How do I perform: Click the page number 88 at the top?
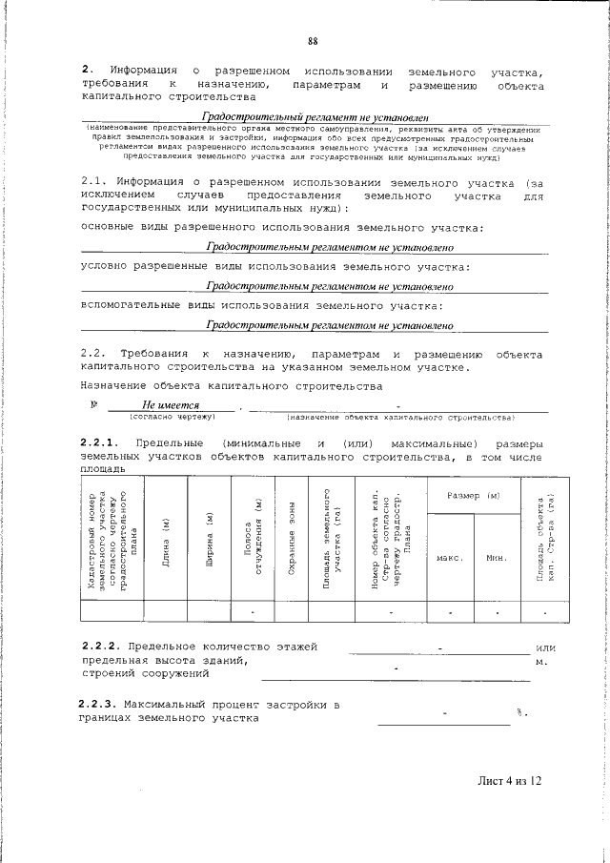pyautogui.click(x=312, y=40)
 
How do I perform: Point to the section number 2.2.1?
pyautogui.click(x=99, y=444)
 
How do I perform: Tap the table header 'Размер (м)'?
pyautogui.click(x=474, y=498)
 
